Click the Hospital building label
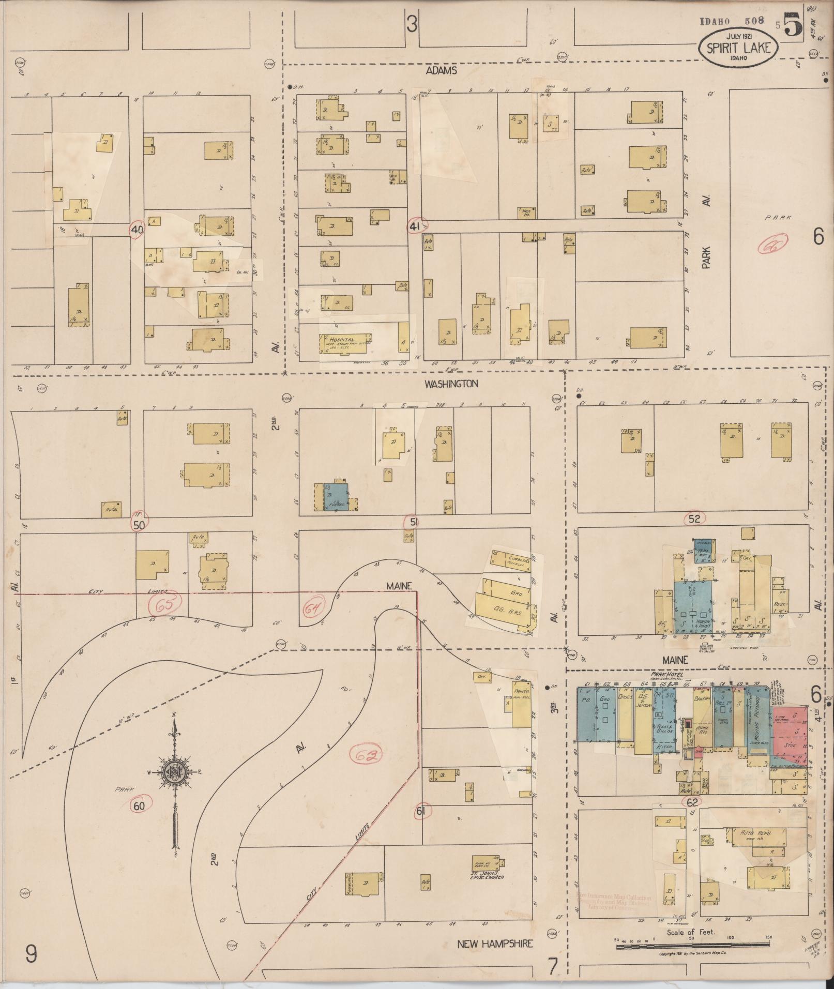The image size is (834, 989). click(342, 340)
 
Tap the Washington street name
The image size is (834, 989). click(451, 384)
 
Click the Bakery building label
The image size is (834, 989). click(702, 699)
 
